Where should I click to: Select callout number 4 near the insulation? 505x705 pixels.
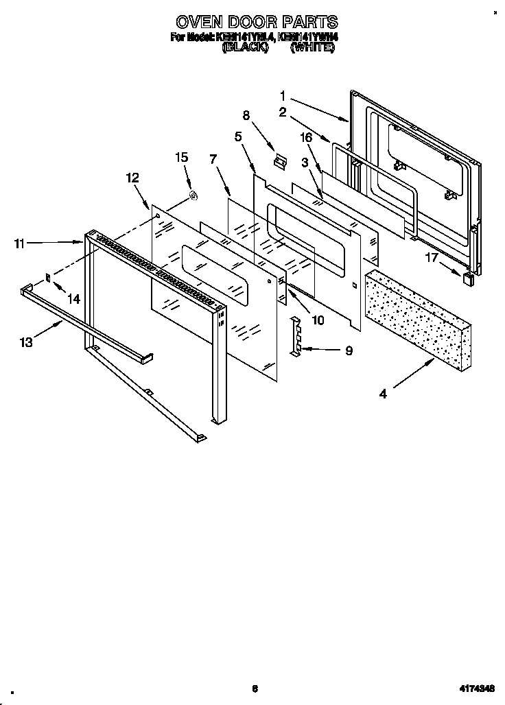(383, 394)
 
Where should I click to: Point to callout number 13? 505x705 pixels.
(26, 342)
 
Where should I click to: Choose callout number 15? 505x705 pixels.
(181, 157)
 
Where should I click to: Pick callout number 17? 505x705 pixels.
(431, 258)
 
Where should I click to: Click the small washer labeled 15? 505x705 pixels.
(193, 198)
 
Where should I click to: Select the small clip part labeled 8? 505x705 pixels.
(278, 162)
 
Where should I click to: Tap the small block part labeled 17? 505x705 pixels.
(469, 278)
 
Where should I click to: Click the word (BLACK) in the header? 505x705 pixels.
(245, 49)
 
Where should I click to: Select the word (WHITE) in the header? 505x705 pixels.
(312, 49)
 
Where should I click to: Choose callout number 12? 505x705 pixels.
(132, 178)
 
